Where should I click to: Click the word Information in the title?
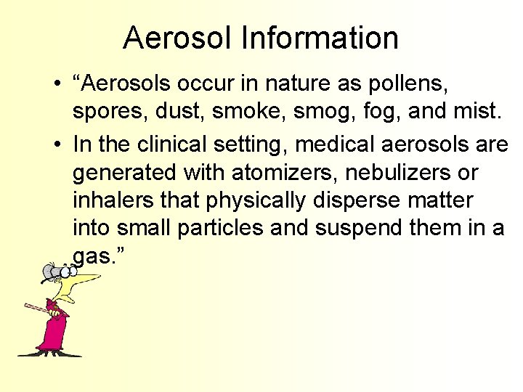321,38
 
